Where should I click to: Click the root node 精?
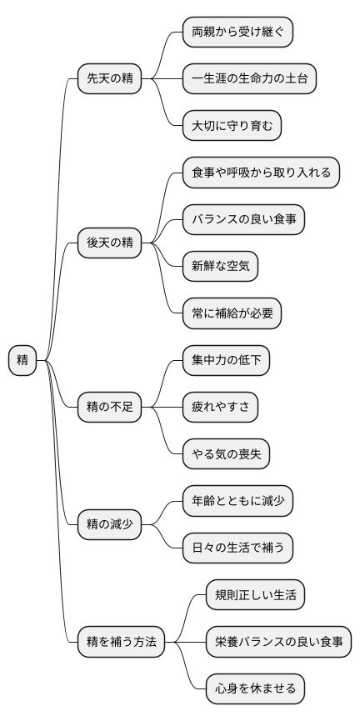[22, 361]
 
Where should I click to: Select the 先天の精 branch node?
[109, 79]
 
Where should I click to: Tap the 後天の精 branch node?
[109, 243]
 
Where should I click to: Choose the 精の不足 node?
[109, 408]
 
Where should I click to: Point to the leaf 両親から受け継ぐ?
[237, 33]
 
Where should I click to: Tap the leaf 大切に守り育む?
[232, 126]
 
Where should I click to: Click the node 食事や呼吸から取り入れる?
[261, 173]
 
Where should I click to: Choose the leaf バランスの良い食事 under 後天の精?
[243, 219]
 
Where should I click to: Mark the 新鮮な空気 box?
[220, 266]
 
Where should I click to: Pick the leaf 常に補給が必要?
[232, 313]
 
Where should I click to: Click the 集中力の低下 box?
[226, 361]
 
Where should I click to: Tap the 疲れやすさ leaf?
[220, 408]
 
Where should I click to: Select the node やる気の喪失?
[226, 454]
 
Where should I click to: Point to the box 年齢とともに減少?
[237, 501]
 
